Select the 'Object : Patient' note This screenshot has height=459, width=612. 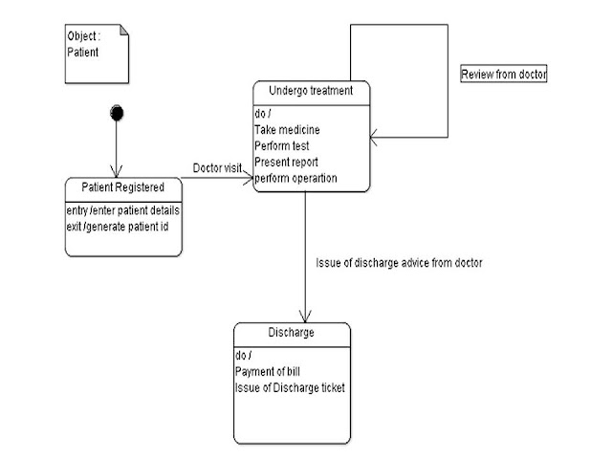95,49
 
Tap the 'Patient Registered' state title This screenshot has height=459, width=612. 123,186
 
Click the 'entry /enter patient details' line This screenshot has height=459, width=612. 123,209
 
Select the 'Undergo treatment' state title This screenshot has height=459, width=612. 311,91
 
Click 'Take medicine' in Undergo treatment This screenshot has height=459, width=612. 287,129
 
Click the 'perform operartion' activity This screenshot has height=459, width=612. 295,178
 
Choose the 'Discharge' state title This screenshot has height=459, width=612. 292,334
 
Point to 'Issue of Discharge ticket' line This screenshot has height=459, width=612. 289,387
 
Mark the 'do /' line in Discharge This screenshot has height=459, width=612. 244,356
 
